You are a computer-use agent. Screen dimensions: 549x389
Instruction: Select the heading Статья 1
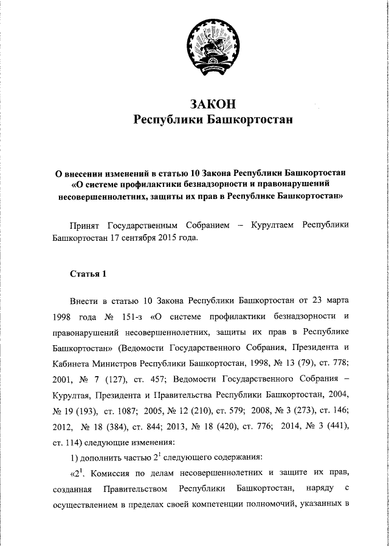(88, 274)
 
